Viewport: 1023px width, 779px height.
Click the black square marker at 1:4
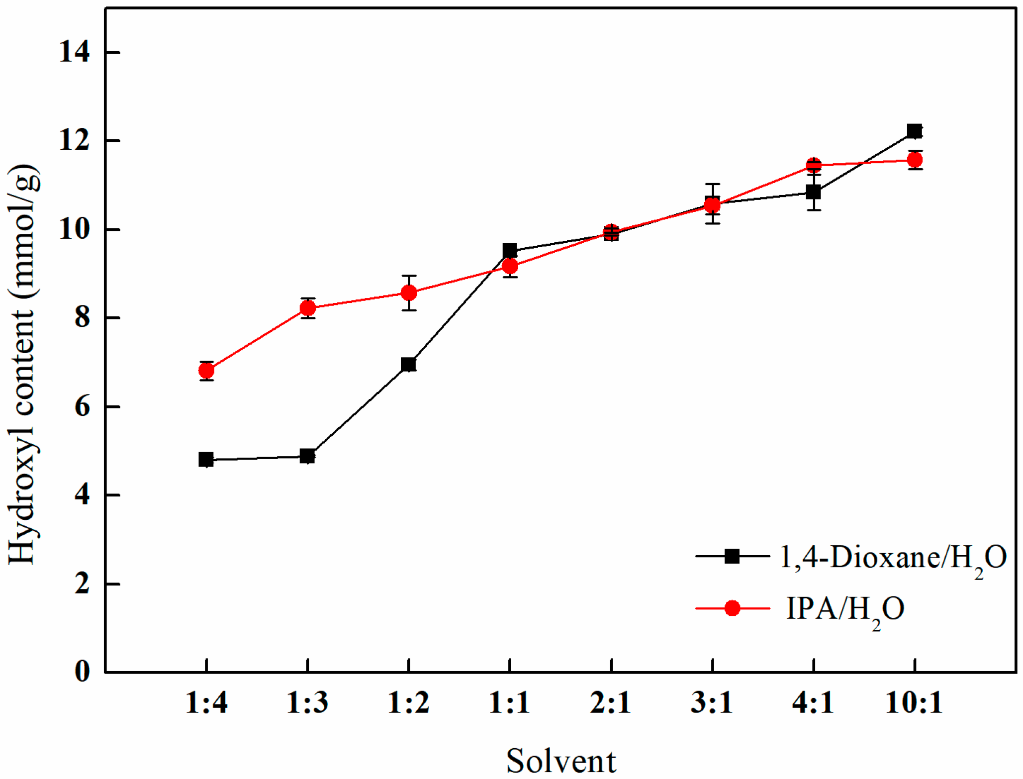tap(206, 460)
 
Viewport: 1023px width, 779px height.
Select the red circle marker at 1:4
tap(206, 371)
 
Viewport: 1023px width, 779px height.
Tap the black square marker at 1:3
tap(307, 456)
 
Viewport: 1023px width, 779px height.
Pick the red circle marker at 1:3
tap(308, 308)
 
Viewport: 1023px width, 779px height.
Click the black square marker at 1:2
tap(408, 365)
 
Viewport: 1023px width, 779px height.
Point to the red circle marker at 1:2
tap(409, 293)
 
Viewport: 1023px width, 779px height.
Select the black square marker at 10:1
tap(915, 131)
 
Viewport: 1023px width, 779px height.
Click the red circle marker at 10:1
tap(915, 160)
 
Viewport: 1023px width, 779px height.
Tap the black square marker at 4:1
tap(813, 192)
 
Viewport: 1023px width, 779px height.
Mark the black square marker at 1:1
tap(510, 250)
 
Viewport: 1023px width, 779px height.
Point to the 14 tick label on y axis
tap(75, 52)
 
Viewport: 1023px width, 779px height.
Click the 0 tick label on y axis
tap(82, 672)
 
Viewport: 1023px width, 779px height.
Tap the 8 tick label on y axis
tap(82, 318)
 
